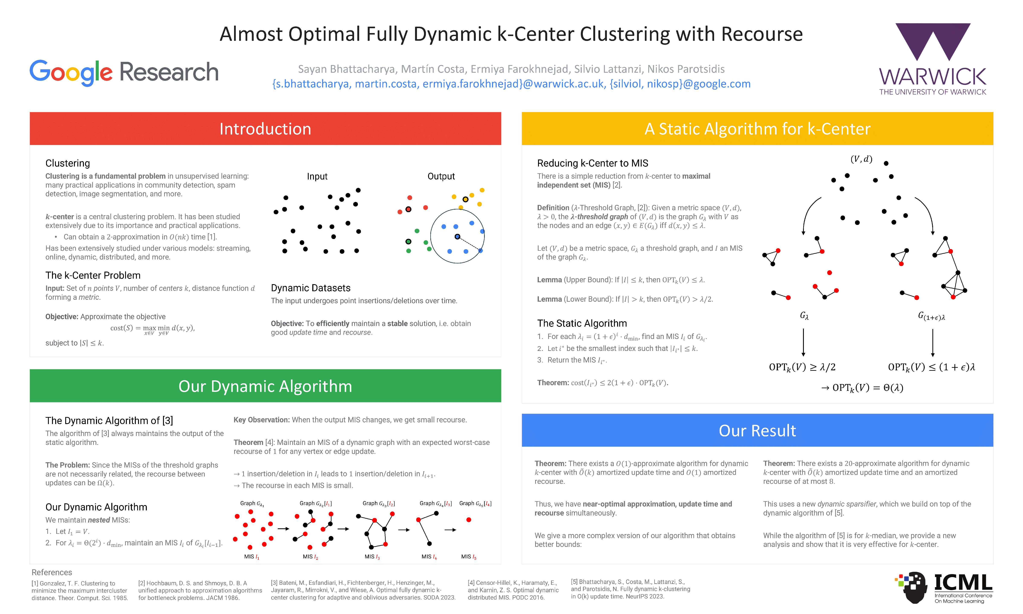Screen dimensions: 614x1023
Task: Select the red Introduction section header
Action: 265,129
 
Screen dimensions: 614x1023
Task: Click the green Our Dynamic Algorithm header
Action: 265,386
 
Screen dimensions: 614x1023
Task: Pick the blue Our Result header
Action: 757,430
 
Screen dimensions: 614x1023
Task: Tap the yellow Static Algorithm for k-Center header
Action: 757,129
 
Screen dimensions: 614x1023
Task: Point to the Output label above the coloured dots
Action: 441,176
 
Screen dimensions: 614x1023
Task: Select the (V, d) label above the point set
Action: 861,159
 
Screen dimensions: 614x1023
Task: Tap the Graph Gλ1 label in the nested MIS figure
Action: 252,504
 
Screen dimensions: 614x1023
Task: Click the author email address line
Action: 511,84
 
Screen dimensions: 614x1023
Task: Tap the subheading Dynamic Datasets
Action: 311,288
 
